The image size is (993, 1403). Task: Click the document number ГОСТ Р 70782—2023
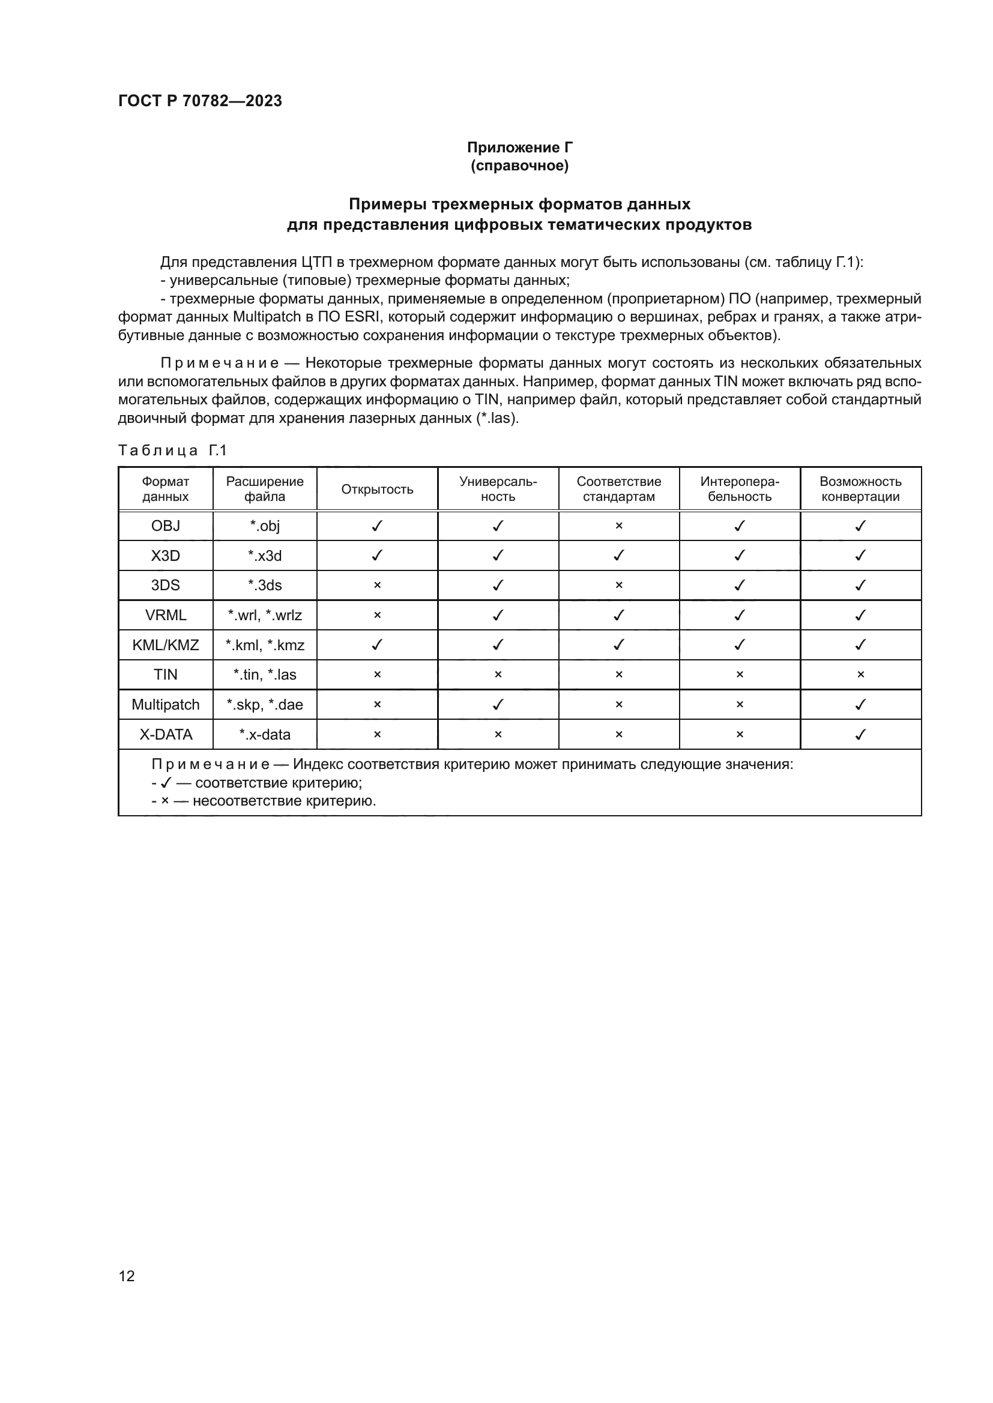tap(200, 101)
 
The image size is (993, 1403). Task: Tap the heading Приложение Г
tap(519, 148)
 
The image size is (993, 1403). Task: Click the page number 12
tap(127, 1275)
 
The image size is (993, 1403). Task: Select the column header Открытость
tap(376, 489)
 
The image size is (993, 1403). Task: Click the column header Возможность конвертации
tap(860, 489)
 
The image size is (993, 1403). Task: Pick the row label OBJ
tap(165, 526)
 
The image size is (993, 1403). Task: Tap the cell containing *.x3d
tap(264, 556)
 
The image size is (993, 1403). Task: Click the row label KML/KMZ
tap(165, 645)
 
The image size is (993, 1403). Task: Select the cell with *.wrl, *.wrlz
tap(264, 615)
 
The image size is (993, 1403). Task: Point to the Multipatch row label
tap(165, 705)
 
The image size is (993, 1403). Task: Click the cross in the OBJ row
tap(618, 526)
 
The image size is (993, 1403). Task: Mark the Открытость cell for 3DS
tap(376, 585)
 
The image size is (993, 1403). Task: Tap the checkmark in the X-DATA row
tap(860, 735)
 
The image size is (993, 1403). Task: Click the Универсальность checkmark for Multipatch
tap(498, 705)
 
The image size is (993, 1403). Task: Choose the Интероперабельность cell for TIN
tap(739, 675)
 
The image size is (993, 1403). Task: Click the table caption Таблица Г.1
tap(172, 451)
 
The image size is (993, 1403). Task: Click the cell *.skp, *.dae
tap(264, 705)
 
